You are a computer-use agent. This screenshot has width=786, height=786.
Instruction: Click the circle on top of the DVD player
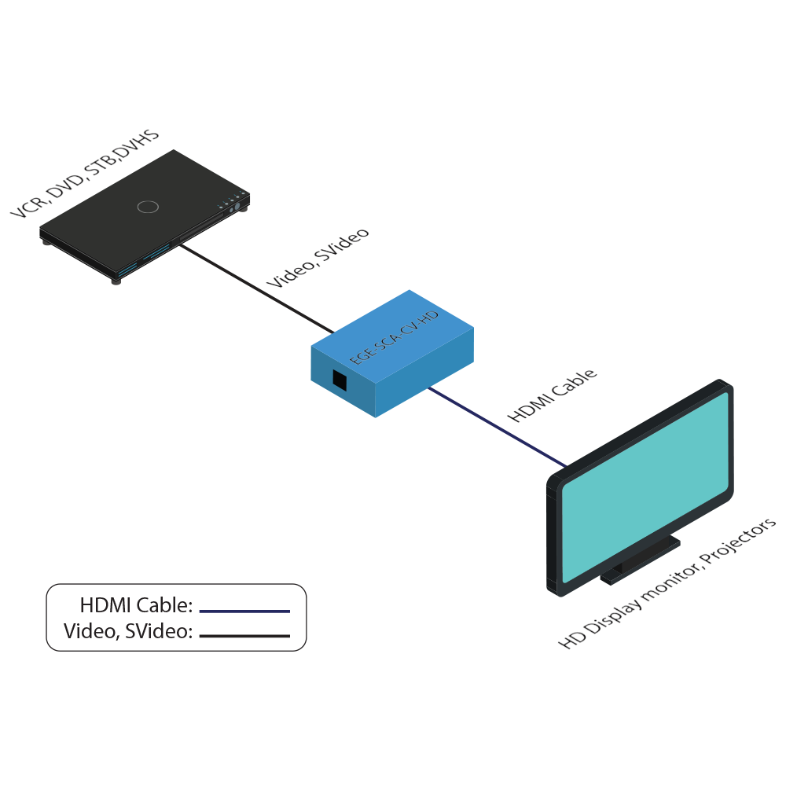click(x=147, y=207)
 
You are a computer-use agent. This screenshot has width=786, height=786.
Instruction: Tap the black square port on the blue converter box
click(x=340, y=380)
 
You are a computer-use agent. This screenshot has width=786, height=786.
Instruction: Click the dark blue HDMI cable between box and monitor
click(x=495, y=425)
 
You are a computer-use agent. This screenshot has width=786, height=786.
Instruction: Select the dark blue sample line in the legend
click(x=244, y=611)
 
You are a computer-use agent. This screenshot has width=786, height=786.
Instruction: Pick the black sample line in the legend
click(x=244, y=635)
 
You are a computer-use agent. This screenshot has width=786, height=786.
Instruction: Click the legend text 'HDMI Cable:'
click(x=136, y=606)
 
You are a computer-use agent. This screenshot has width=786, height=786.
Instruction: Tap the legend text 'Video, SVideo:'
click(x=128, y=630)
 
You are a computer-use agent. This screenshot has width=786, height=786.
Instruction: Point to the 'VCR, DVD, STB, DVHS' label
click(x=85, y=174)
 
